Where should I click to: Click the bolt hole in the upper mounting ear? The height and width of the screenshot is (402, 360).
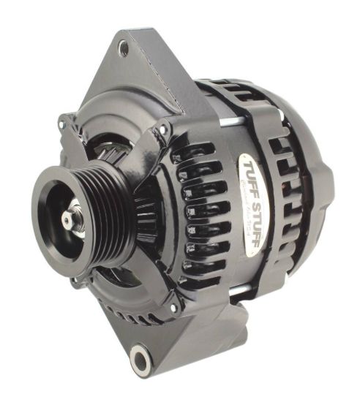pyautogui.click(x=123, y=49)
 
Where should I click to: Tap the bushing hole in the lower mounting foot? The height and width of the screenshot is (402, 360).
pyautogui.click(x=140, y=360)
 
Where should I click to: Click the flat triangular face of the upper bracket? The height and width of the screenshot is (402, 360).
pyautogui.click(x=146, y=80)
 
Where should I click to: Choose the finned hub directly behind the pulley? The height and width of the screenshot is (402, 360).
pyautogui.click(x=143, y=208)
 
